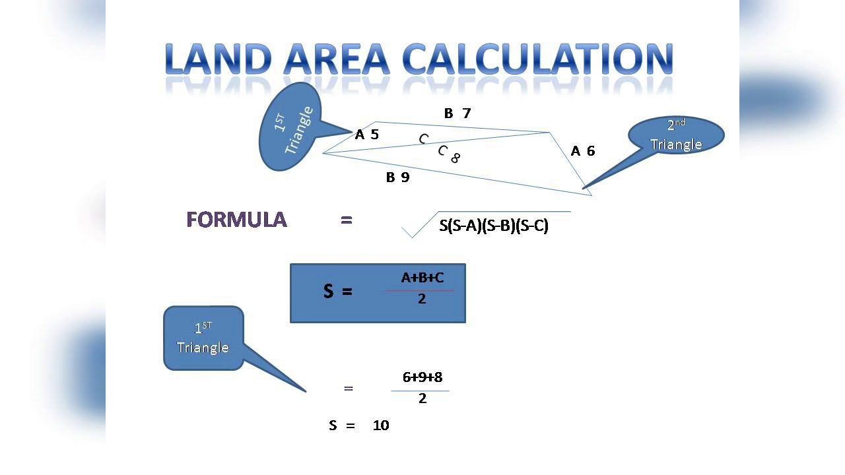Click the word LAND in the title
pos(219,59)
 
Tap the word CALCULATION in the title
pos(538,59)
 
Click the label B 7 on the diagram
pos(457,113)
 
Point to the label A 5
pos(367,135)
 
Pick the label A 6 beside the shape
pos(583,151)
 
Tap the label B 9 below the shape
pos(397,177)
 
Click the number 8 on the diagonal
pos(456,158)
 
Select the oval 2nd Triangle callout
pos(676,136)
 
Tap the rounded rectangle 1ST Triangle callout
pos(203,338)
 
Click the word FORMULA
pos(237,220)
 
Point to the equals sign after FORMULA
pos(347,220)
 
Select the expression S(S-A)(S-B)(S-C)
pos(494,226)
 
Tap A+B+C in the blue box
pos(422,278)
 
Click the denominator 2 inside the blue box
pos(422,299)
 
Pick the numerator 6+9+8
pos(422,377)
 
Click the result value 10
pos(381,426)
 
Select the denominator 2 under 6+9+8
pos(422,398)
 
